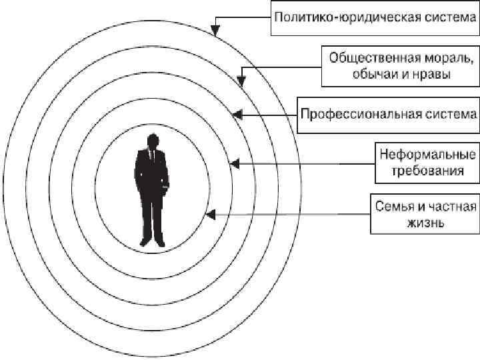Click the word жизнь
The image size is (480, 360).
coord(427,223)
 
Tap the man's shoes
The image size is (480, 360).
coord(151,242)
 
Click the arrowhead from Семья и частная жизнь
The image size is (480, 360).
coord(210,215)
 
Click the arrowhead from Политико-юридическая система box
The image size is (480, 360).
coord(213,30)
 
